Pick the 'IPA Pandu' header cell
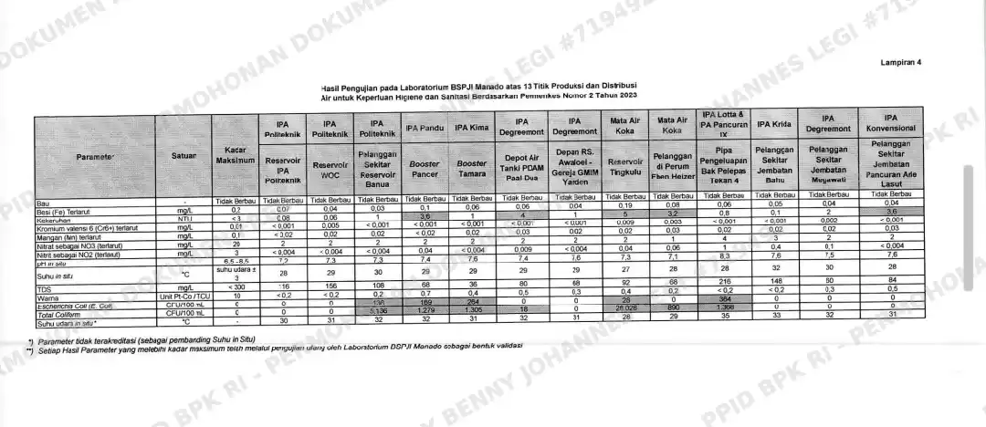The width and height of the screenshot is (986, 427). click(425, 128)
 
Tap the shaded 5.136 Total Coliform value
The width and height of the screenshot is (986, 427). click(375, 313)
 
